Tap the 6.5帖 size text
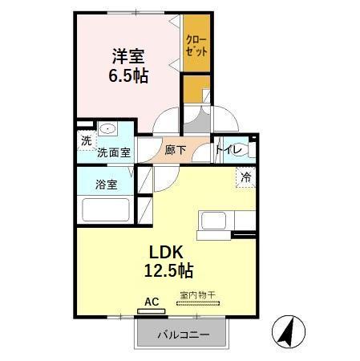coord(129,77)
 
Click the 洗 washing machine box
coord(85,141)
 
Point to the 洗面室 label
coord(114,152)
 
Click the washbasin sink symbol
coord(107,130)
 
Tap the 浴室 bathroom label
coord(106,184)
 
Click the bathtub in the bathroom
coord(105,211)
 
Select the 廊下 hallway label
coord(175,150)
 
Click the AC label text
coord(151,302)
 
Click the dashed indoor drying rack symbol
coord(201,305)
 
